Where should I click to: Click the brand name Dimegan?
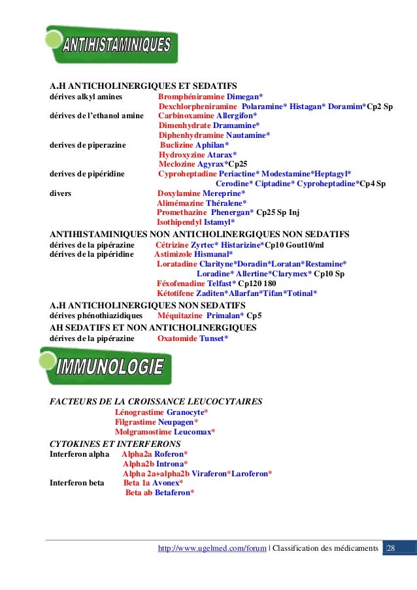(x=242, y=96)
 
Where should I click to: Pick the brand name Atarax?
(x=220, y=155)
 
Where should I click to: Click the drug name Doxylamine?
(x=179, y=194)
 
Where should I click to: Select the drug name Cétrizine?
(x=172, y=244)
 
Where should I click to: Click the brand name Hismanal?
(x=212, y=254)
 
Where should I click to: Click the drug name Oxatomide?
(x=177, y=338)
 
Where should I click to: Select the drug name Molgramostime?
(x=143, y=432)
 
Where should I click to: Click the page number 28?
(x=392, y=548)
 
